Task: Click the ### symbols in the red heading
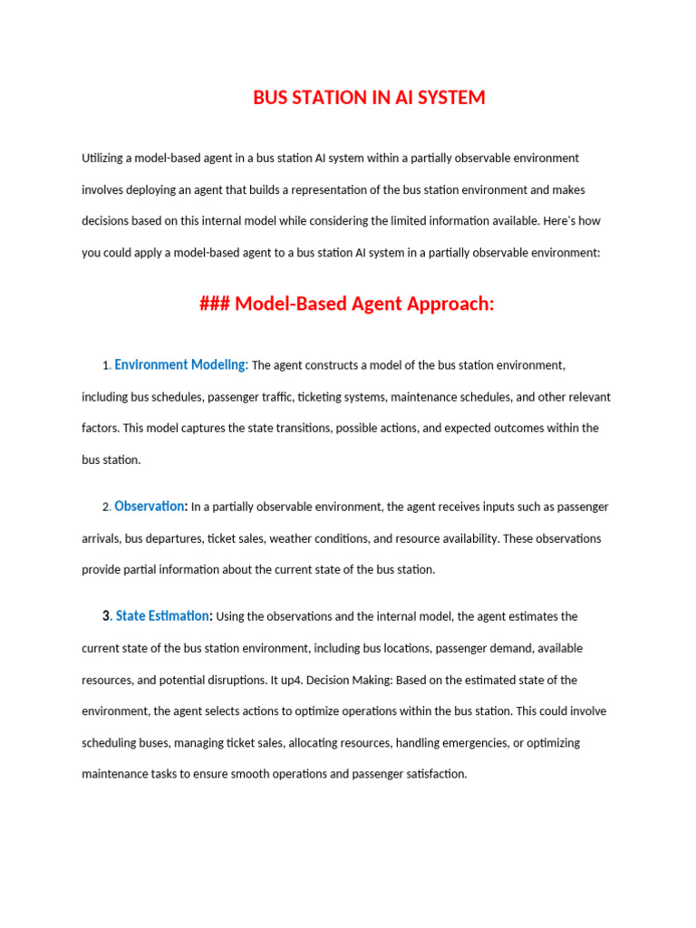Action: tap(215, 304)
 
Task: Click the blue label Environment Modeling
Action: tap(181, 365)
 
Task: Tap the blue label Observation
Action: tap(150, 507)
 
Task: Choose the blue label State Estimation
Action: tap(162, 616)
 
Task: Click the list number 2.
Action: tap(106, 507)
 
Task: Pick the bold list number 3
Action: tap(106, 616)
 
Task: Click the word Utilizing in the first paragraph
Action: tap(101, 159)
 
